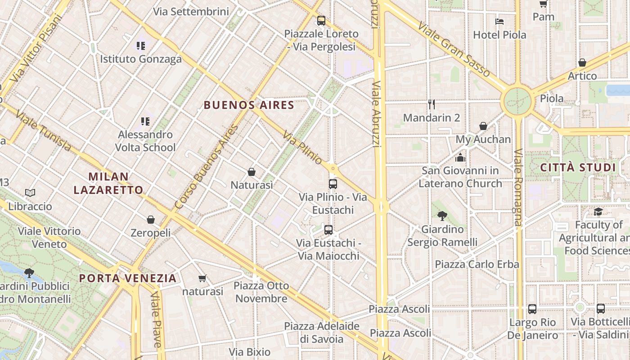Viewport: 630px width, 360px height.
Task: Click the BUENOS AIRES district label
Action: pos(249,105)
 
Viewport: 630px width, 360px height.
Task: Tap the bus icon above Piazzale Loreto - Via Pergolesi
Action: pos(321,20)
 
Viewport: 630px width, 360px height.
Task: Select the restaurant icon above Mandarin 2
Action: pos(432,104)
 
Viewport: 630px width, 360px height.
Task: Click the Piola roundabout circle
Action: pos(517,101)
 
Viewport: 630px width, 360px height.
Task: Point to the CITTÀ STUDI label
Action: pos(578,168)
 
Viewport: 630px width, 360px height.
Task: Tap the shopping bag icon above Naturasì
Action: pos(252,172)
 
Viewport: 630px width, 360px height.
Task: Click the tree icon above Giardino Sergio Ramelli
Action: pos(442,216)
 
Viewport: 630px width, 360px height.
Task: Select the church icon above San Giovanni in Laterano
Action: pos(460,157)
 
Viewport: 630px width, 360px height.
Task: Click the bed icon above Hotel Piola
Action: pos(499,21)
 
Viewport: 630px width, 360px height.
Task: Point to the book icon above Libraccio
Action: pos(30,193)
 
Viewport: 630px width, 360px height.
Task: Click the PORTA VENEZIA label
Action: pos(128,278)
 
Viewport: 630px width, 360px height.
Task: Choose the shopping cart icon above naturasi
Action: pos(202,279)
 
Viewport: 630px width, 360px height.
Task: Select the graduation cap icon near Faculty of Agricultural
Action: pos(598,211)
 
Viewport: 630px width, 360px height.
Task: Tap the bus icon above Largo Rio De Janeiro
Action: pos(532,309)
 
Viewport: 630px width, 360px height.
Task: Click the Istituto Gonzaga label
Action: pos(141,59)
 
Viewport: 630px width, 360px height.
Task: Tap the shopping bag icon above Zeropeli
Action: pos(151,220)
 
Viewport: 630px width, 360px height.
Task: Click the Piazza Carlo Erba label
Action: pos(477,264)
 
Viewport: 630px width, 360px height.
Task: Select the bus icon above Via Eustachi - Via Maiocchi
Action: pos(328,230)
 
